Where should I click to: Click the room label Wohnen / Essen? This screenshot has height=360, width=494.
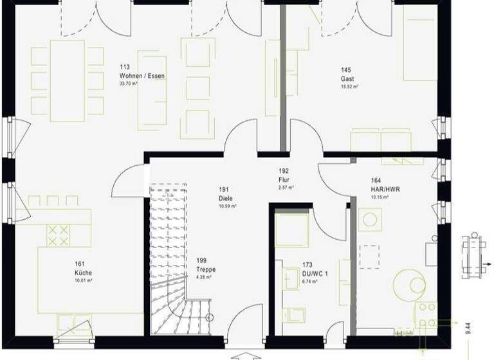tap(142, 76)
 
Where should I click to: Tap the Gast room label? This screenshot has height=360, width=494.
tap(347, 79)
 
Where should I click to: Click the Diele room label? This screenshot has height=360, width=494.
tap(224, 198)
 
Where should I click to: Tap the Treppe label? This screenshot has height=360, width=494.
tap(206, 269)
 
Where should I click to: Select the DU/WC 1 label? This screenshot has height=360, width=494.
tap(315, 273)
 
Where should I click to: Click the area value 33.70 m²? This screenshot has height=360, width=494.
tap(129, 84)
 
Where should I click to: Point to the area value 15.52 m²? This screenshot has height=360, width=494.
tap(350, 86)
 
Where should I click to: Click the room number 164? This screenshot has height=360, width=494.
tap(376, 181)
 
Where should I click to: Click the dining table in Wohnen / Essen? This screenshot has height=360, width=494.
tap(67, 80)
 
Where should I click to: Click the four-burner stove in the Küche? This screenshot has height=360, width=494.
tap(59, 235)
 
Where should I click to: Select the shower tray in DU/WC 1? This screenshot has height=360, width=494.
tap(292, 230)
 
